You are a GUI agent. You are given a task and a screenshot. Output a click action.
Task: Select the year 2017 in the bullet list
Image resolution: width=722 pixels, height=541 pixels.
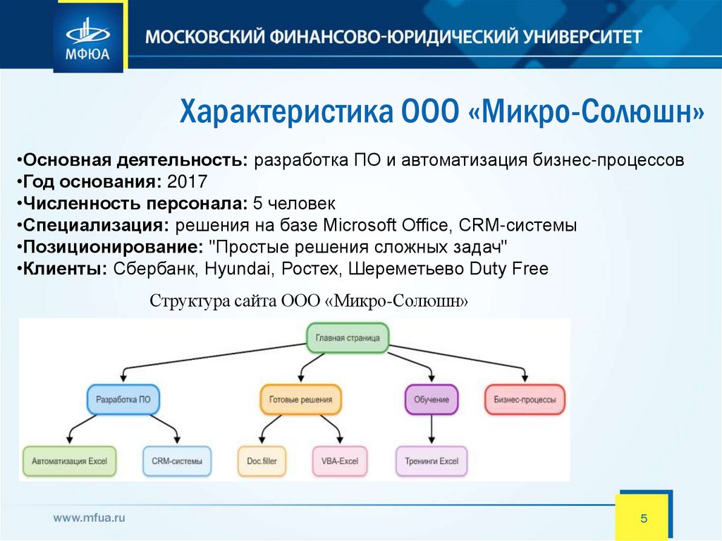tap(188, 182)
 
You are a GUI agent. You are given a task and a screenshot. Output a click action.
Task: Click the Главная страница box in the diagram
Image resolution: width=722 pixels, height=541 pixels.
tap(348, 338)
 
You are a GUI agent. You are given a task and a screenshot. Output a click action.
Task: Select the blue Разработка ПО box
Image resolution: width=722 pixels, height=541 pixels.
tap(123, 399)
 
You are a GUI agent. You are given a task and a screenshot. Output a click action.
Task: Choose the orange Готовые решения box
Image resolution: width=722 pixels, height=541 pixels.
tap(300, 399)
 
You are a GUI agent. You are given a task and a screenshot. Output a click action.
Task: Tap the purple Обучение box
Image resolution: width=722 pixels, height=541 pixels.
tap(432, 399)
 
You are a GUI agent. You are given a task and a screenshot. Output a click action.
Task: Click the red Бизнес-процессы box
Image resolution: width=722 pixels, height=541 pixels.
tap(525, 399)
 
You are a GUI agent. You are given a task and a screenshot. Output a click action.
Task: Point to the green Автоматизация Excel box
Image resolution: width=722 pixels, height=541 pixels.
tap(69, 461)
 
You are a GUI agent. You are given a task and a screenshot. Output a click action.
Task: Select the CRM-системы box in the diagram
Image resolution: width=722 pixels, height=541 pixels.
tap(177, 461)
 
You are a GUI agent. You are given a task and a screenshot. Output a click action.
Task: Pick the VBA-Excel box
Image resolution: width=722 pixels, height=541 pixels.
tap(335, 461)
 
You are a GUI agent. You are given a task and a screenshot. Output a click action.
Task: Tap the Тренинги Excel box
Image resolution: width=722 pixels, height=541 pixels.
tap(432, 461)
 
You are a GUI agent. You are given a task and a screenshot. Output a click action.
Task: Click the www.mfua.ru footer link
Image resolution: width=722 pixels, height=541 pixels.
tap(90, 517)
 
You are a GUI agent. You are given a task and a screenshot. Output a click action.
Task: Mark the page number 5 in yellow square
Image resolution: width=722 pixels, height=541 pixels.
tap(643, 518)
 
